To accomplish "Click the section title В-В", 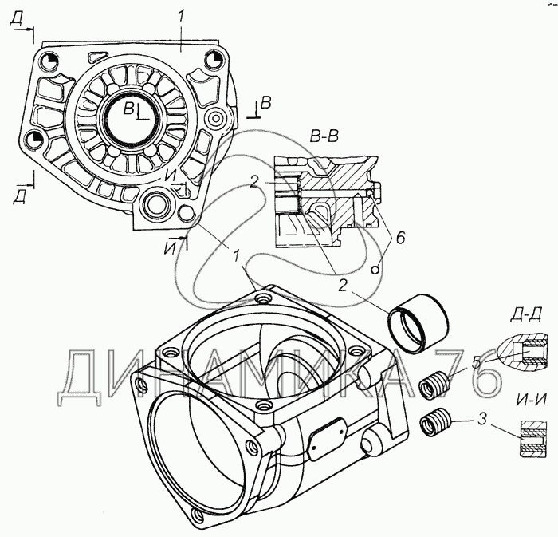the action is pos(324,137).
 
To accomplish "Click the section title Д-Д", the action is pos(526,315).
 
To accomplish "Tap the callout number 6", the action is pos(400,238).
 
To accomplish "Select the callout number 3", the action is pos(481,421).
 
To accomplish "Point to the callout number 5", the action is pos(477,362).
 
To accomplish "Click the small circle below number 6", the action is pos(375,270).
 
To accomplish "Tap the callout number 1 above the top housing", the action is pos(181,18).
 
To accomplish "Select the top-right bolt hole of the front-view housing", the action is pos(212,60).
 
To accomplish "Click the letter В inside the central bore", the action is pos(128,109).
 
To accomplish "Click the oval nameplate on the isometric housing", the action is pos(328,438).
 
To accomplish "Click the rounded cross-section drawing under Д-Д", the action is pos(521,350).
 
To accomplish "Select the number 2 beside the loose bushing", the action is pos(342,285).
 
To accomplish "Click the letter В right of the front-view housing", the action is pos(266,102).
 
